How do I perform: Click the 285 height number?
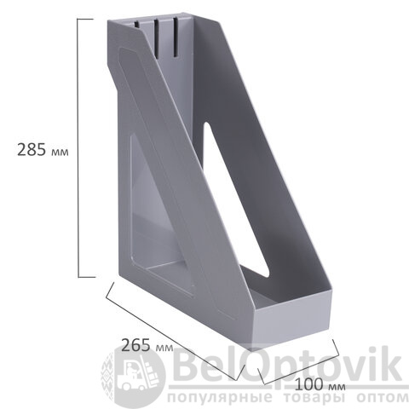[32, 149]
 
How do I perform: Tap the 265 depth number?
[135, 345]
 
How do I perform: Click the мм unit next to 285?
[60, 153]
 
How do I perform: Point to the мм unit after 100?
[337, 387]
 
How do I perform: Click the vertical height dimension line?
[78, 148]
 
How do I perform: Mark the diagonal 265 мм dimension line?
[174, 331]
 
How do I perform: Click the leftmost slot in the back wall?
[137, 24]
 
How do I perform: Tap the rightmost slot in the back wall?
[176, 39]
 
